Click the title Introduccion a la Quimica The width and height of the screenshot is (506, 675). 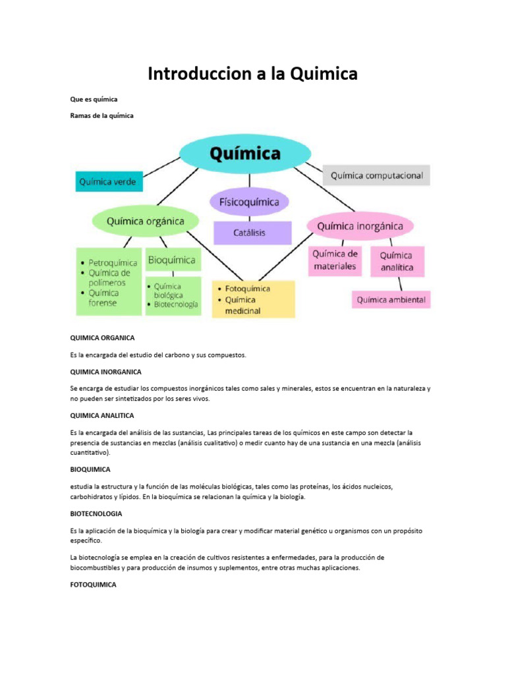coord(252,74)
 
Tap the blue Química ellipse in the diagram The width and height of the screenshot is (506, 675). coord(244,154)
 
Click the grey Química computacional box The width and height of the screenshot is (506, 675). coord(376,175)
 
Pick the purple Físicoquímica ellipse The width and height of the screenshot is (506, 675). coord(249,202)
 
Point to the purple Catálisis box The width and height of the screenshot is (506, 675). coord(252,233)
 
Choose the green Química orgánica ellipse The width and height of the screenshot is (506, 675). coord(145,221)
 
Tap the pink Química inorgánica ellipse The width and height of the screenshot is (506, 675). coord(360,226)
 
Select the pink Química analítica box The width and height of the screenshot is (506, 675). coord(397,260)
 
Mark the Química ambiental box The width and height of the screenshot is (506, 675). coord(391,300)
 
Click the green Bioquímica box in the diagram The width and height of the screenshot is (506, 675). coord(172,260)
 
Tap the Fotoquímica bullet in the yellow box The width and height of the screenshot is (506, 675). coord(247,289)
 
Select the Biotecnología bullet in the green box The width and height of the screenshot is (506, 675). coord(175,305)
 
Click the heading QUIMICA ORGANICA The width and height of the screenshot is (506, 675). coord(102,337)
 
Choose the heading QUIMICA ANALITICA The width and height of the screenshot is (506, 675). coord(102,415)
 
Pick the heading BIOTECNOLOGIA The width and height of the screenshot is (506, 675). coord(96,513)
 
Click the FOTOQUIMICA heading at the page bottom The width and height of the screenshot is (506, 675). coord(93,584)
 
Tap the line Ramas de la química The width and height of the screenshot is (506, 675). coord(102,116)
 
